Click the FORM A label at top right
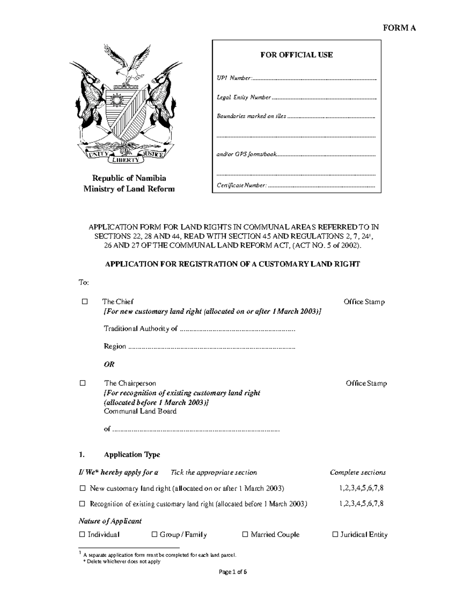coord(399,28)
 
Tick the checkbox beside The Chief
coord(84,302)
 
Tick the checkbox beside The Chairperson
coord(82,383)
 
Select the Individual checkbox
coord(82,535)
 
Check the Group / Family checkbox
coord(154,535)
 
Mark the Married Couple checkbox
coord(245,535)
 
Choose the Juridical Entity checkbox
coord(335,535)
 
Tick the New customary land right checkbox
coord(82,488)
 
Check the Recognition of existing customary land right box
coord(82,504)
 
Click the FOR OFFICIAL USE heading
coord(296,55)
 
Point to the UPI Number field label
coord(234,78)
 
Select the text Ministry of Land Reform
coord(129,189)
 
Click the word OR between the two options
coord(109,364)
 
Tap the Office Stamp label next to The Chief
coord(364,302)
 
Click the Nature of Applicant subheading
coord(110,521)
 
